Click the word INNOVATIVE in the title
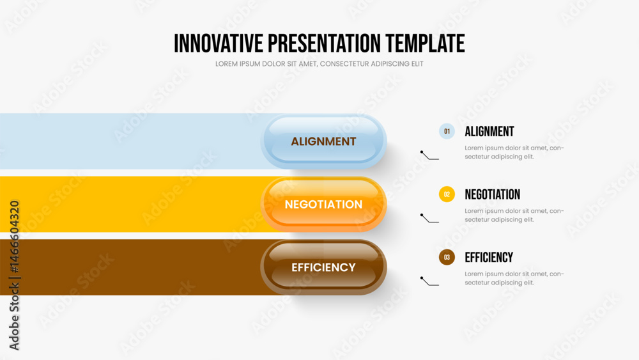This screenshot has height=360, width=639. [x=219, y=43]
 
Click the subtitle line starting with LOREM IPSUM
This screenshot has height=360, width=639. [x=319, y=64]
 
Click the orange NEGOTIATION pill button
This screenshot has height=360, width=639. [x=323, y=204]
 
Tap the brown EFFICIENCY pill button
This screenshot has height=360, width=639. [x=323, y=267]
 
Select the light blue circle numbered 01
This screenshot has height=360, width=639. [x=447, y=131]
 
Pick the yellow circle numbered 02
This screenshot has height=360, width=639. [x=447, y=194]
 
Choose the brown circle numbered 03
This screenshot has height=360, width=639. [x=447, y=257]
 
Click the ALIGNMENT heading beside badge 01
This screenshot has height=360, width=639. [x=489, y=131]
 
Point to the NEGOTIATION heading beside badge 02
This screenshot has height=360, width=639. [x=492, y=194]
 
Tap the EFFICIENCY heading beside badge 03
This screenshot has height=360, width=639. [x=489, y=257]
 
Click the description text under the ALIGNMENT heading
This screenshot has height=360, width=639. [x=514, y=152]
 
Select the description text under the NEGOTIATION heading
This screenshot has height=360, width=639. [x=514, y=215]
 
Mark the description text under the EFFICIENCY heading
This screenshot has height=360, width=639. [x=514, y=278]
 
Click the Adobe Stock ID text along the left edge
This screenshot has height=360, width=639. [x=14, y=275]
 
